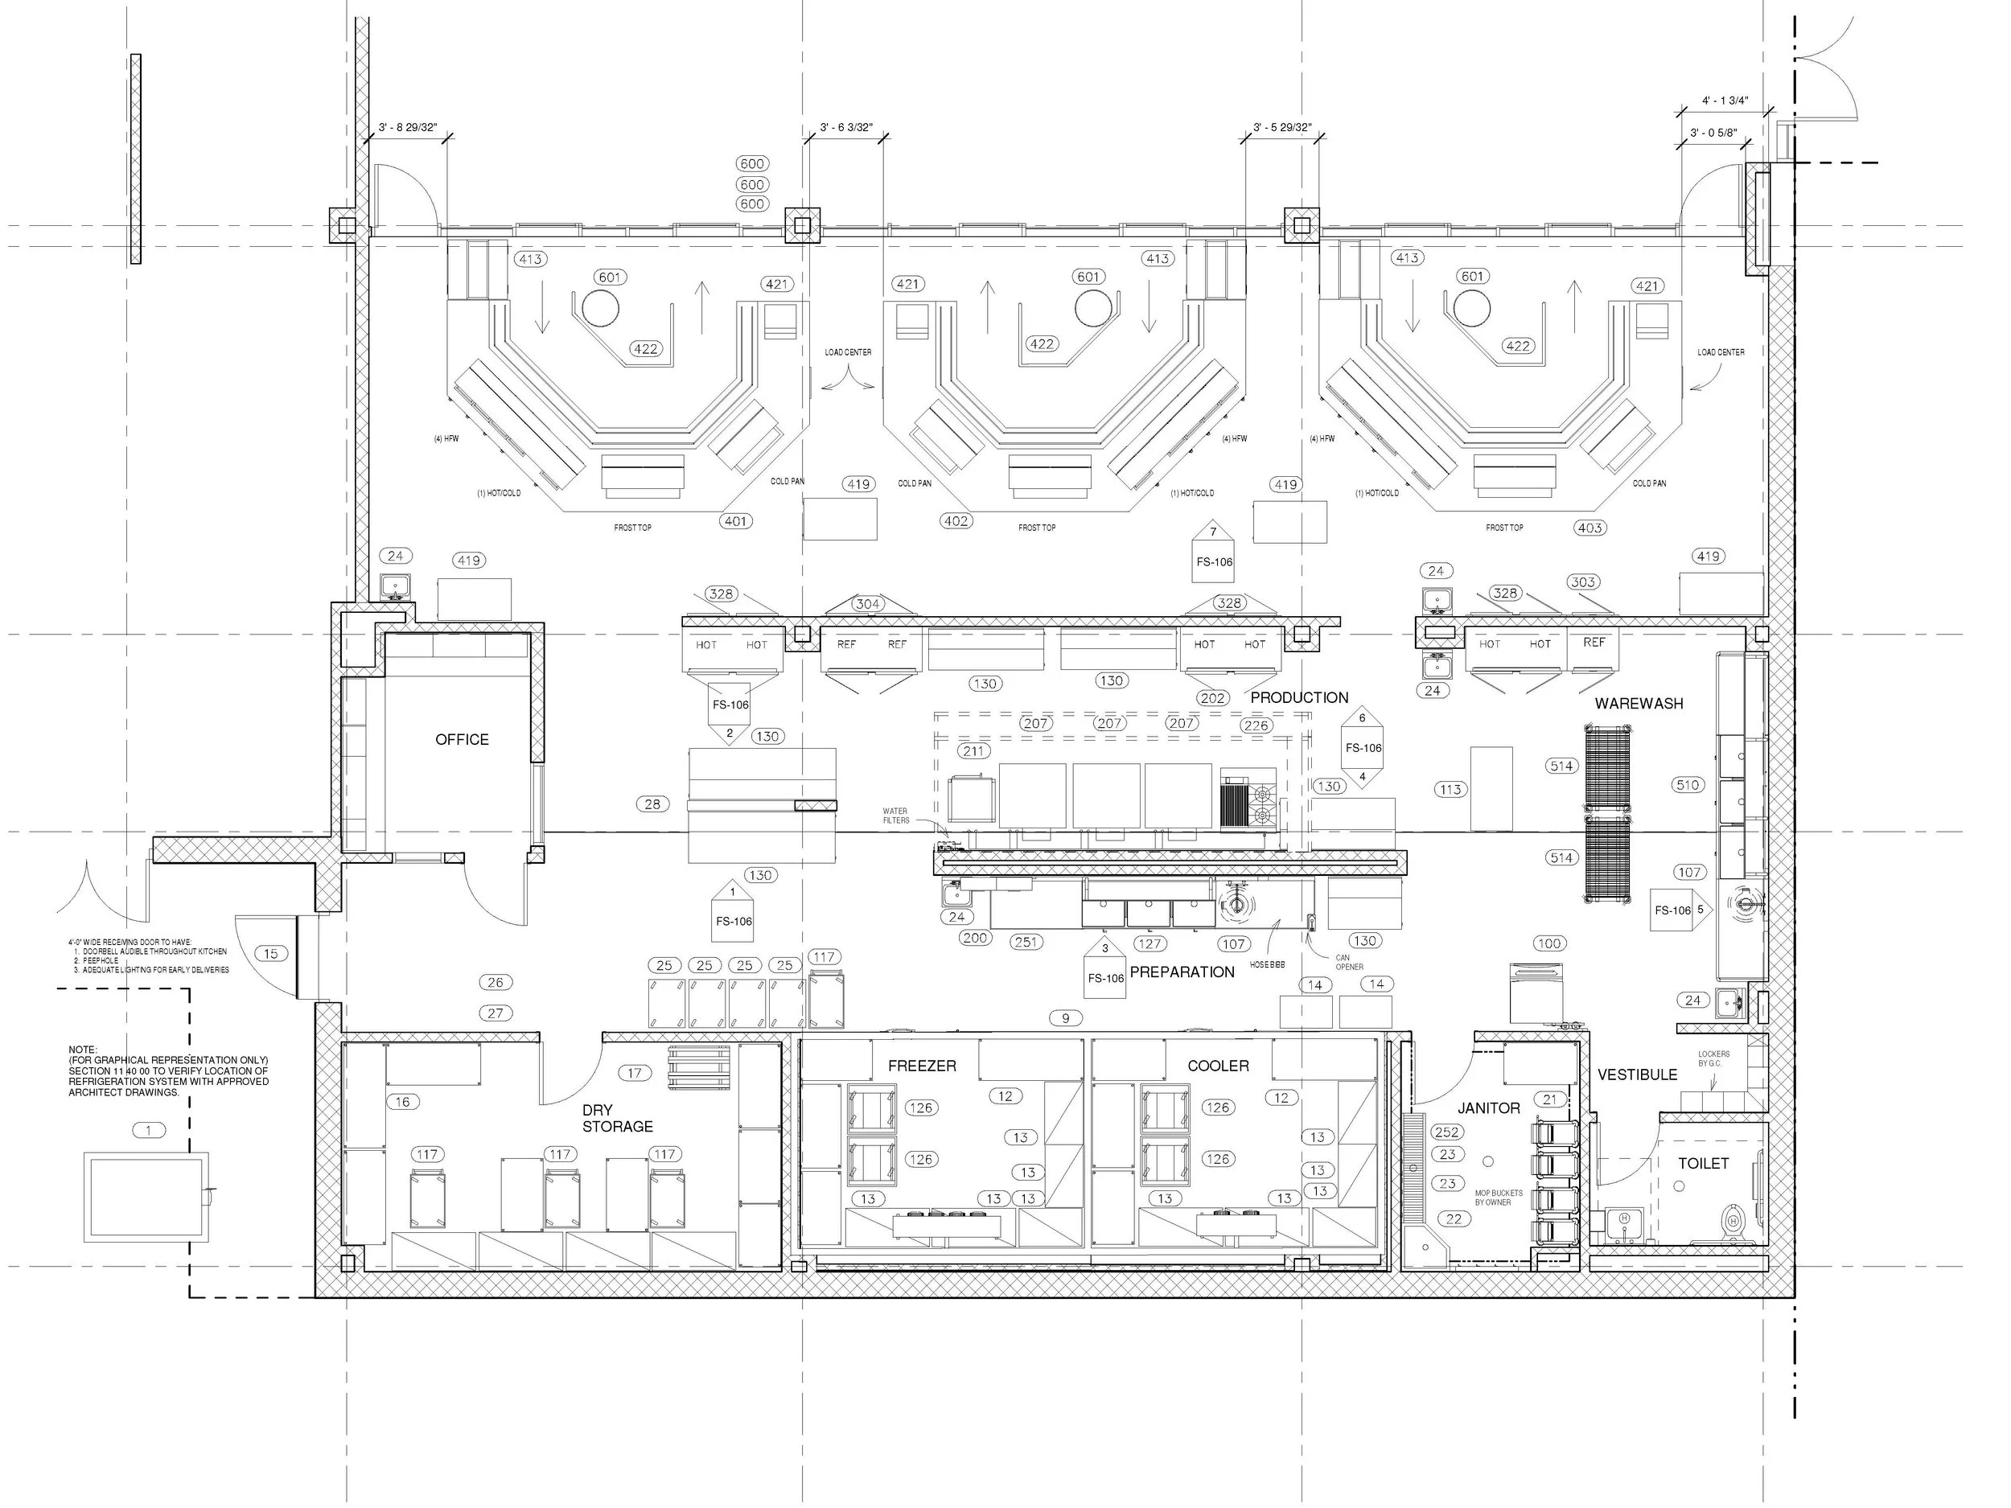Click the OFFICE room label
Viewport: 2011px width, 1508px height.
[462, 740]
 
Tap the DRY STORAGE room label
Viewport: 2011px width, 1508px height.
[617, 1118]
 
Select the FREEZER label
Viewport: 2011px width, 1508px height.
[922, 1066]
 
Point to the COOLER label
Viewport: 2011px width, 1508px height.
[1217, 1066]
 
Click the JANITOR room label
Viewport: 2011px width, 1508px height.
[1488, 1109]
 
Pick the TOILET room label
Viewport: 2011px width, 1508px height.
[1703, 1164]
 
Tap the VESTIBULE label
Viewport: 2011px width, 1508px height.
[1637, 1075]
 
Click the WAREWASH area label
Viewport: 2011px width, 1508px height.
[1639, 704]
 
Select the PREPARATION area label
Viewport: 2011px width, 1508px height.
[1182, 972]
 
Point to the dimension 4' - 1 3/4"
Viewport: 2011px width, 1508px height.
[1725, 101]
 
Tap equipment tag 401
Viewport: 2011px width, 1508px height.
[735, 522]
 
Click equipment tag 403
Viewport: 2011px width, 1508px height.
[1589, 528]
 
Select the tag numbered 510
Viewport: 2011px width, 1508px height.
[1688, 785]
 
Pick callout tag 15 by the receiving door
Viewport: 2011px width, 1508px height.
[271, 954]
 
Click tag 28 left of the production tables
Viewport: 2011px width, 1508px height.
[652, 804]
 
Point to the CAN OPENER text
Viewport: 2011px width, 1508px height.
[1348, 963]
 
